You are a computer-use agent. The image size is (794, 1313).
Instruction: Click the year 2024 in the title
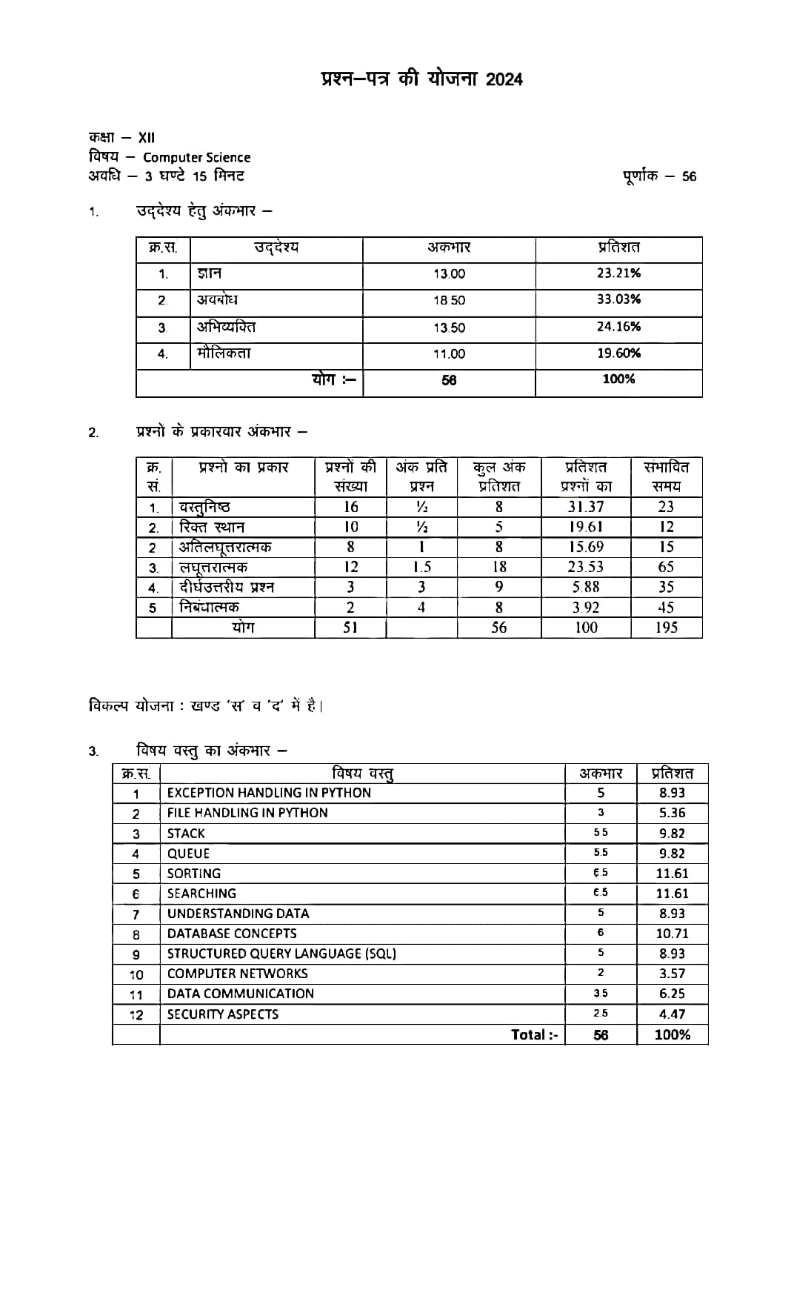(x=504, y=79)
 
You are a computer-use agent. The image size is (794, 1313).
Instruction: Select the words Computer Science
(x=196, y=157)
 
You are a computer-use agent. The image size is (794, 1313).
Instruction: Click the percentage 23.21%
(x=618, y=273)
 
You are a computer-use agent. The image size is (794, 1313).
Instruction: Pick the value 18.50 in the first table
(x=449, y=301)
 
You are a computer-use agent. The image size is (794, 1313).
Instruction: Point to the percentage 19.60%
(x=618, y=353)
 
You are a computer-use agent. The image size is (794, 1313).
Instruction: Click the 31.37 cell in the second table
(x=586, y=507)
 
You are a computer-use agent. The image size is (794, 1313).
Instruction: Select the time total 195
(x=666, y=628)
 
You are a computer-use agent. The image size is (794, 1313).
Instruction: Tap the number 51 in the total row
(x=350, y=628)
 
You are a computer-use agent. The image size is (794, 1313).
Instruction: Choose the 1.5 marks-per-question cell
(x=421, y=567)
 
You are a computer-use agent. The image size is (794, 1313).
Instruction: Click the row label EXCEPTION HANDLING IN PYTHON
(x=269, y=793)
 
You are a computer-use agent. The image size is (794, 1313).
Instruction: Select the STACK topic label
(x=186, y=834)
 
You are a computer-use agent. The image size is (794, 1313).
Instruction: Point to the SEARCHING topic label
(x=201, y=894)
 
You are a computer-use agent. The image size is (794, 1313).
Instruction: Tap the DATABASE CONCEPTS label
(x=232, y=934)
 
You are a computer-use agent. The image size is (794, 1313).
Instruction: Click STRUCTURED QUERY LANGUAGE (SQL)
(x=281, y=954)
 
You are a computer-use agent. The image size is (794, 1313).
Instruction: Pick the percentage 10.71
(x=672, y=934)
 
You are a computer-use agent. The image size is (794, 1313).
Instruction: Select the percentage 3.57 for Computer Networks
(x=672, y=974)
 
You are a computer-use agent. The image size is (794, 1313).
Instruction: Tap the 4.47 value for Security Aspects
(x=672, y=1014)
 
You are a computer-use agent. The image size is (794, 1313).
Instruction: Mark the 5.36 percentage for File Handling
(x=672, y=813)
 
